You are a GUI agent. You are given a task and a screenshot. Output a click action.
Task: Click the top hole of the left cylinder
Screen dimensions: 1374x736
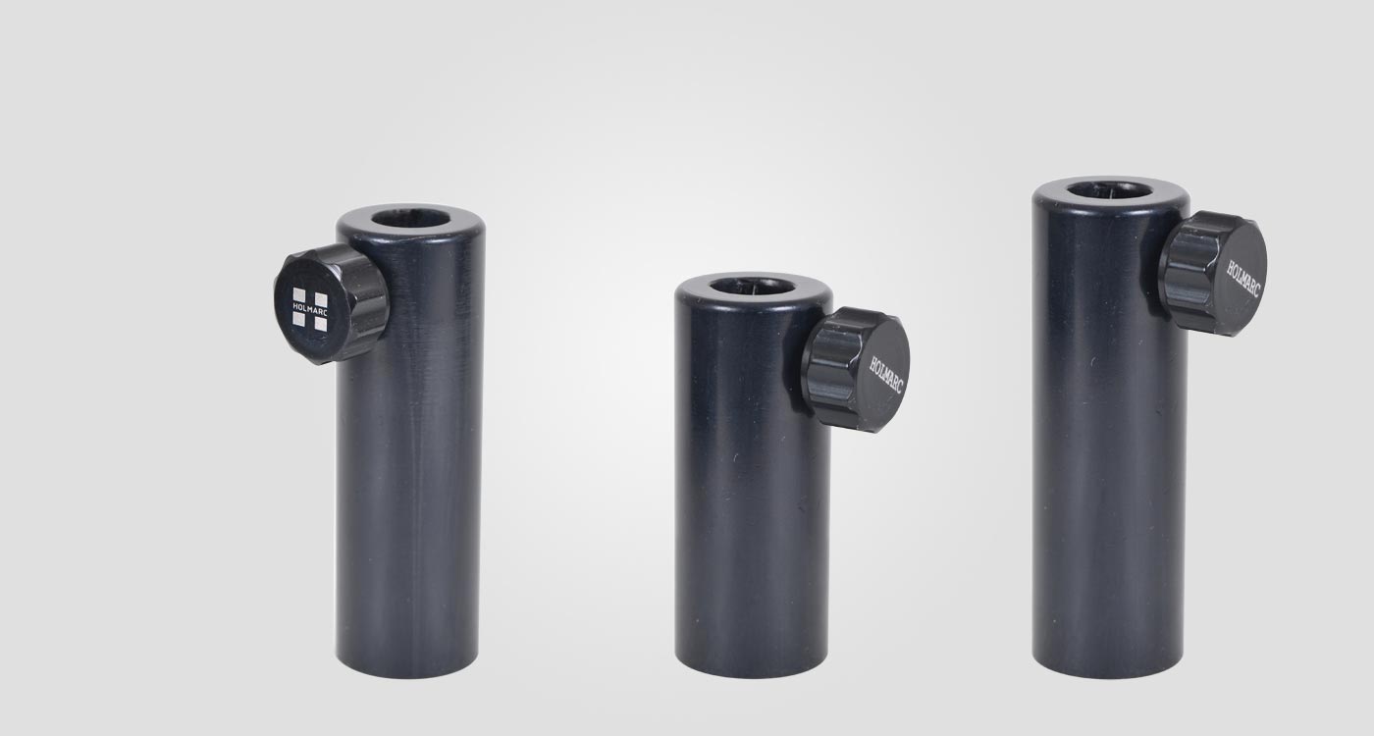(410, 218)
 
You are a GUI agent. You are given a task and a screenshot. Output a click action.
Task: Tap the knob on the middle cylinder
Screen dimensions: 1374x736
(858, 370)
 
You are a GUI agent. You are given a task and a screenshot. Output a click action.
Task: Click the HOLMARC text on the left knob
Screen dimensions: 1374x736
(310, 309)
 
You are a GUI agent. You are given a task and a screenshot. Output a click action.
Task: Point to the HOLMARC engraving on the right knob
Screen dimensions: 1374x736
(1242, 279)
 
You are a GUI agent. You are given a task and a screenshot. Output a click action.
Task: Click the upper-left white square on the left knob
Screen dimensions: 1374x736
(299, 295)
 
